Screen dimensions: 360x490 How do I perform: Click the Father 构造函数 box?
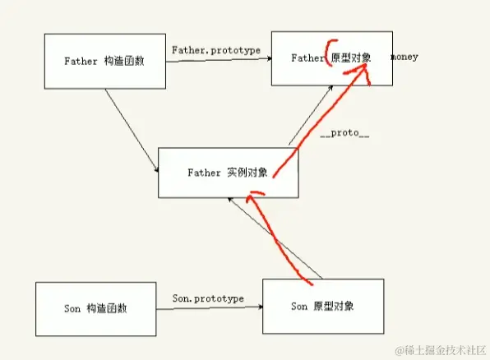click(x=104, y=62)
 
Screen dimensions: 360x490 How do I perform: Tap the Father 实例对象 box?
click(x=228, y=173)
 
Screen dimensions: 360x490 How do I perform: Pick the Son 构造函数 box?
click(x=96, y=308)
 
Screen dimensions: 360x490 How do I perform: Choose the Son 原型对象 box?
click(x=323, y=306)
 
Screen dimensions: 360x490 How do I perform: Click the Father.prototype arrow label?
click(x=216, y=50)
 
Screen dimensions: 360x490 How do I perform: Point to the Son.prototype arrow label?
click(x=208, y=298)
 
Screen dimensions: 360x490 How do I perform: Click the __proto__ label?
click(x=344, y=133)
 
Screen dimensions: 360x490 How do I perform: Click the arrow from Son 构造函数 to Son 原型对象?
click(x=210, y=308)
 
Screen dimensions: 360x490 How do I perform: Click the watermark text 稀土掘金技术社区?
click(x=441, y=350)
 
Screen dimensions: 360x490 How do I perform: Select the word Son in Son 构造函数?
click(x=72, y=309)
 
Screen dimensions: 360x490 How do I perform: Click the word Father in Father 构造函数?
click(x=81, y=61)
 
